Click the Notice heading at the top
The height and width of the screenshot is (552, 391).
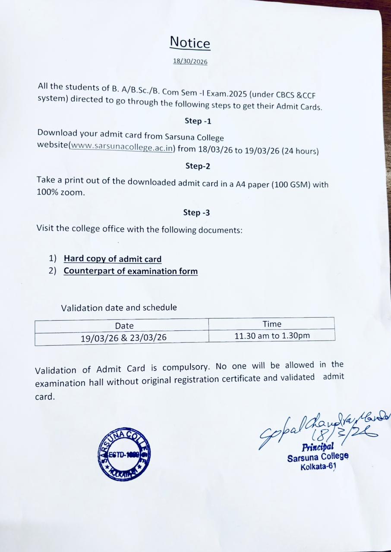[x=190, y=43]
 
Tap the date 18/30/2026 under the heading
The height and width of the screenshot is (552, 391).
[x=190, y=62]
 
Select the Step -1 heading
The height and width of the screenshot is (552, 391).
[x=198, y=121]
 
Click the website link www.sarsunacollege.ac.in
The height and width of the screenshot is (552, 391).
[x=123, y=147]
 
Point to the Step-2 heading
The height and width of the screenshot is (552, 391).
[x=198, y=166]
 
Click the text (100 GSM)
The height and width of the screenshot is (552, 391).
[x=289, y=184]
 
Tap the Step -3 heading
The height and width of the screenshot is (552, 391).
[x=197, y=212]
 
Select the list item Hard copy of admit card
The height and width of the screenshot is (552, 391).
[x=113, y=259]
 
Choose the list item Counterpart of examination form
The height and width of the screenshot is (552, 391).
[x=130, y=271]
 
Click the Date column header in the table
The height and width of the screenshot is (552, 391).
[x=124, y=326]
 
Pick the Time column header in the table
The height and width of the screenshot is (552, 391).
[x=272, y=324]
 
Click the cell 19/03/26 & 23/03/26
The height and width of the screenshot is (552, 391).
[x=123, y=338]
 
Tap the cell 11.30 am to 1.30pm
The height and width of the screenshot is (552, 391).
[x=272, y=336]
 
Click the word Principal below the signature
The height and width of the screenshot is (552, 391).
[x=318, y=447]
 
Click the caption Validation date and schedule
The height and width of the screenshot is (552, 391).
[x=119, y=308]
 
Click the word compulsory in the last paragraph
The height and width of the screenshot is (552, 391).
[x=185, y=368]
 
